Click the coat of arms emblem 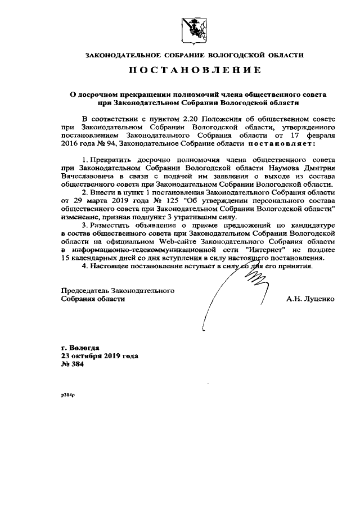point(193,30)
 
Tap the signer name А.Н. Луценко point(310,299)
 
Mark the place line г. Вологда point(80,348)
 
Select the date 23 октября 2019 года point(99,356)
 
